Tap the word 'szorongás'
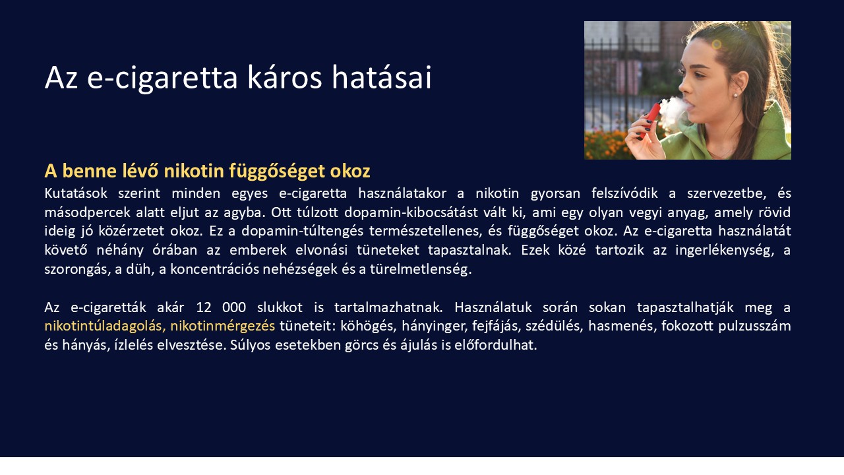(73, 270)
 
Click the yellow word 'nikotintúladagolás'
(104, 326)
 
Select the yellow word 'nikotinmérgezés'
(222, 326)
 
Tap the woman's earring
(735, 95)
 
